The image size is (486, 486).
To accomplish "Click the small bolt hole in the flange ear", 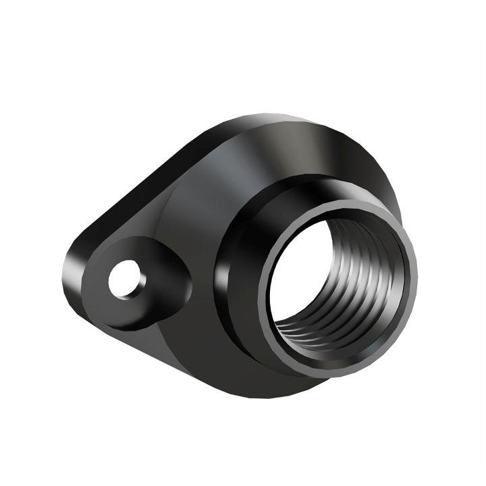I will pos(126,279).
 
